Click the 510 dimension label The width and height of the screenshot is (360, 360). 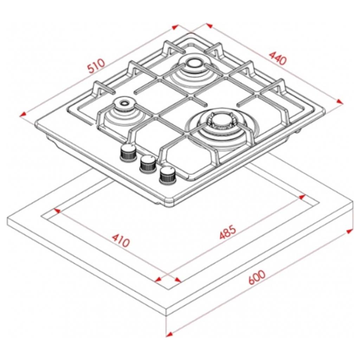point(96,65)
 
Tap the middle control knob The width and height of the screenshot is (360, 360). point(148,163)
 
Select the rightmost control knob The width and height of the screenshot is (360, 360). point(168,175)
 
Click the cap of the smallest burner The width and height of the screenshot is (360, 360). point(124,103)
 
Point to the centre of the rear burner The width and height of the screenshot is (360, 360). point(192,64)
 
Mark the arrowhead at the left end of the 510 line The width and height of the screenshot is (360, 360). point(23,114)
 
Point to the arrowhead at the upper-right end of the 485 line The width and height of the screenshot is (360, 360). point(302,197)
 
